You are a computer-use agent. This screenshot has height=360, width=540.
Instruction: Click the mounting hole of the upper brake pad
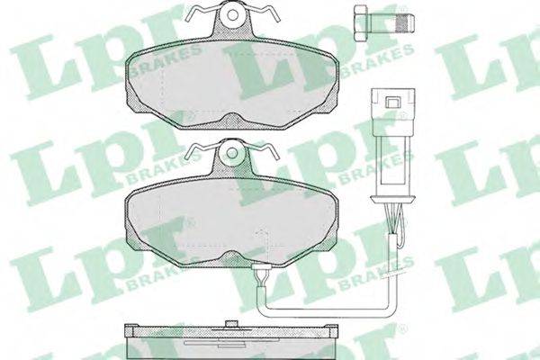coord(233,14)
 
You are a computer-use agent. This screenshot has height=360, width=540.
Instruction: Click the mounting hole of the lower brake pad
coord(233,150)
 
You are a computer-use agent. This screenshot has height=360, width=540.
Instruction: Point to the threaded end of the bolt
coord(405,22)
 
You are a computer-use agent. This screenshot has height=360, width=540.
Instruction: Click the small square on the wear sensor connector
coord(392,102)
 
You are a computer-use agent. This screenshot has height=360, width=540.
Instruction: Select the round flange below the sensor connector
coord(392,198)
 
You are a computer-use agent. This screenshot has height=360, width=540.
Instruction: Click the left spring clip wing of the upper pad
coord(200,13)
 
